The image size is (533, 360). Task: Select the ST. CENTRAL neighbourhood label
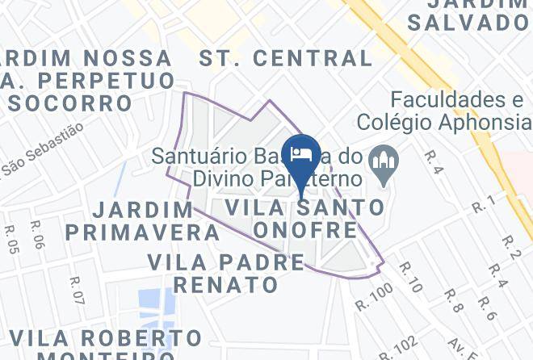coord(286,58)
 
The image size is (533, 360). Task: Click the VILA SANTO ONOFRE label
coord(304,219)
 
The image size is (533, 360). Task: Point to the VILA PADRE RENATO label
coord(227,273)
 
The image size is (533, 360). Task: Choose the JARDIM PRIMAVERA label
coord(142,221)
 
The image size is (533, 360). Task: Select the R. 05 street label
coord(11,238)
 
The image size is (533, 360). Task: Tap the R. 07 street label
coord(77,291)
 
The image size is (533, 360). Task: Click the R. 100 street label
coord(373,297)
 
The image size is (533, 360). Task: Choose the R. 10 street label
coord(410,277)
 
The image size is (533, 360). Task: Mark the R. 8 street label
coord(452,299)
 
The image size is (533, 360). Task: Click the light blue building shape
coord(156,309)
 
